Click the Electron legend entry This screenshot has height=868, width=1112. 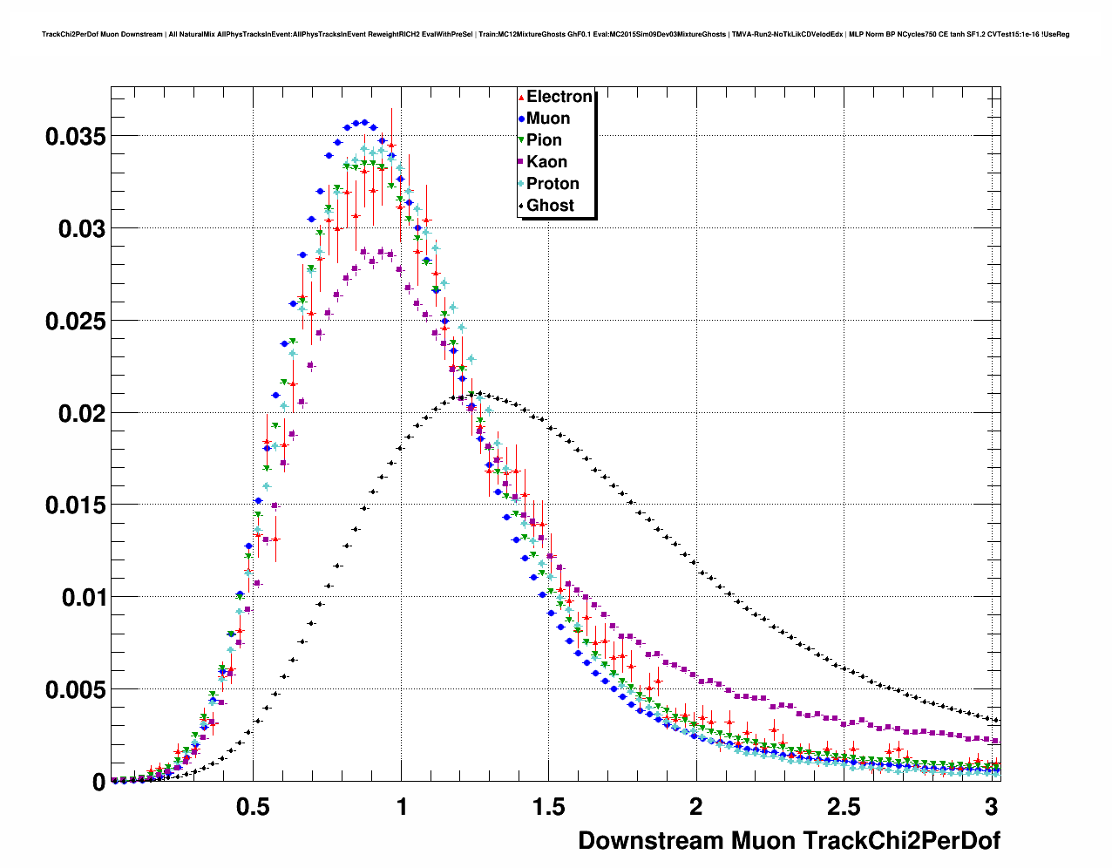tap(559, 97)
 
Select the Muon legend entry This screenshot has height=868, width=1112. tap(548, 119)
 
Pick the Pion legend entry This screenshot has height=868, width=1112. tap(544, 140)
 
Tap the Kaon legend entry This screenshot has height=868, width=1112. tap(546, 162)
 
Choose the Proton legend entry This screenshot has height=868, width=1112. tap(553, 184)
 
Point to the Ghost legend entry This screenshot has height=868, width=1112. tap(550, 206)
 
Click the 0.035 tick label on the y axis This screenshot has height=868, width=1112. tap(76, 136)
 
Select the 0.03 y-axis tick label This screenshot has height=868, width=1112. tap(82, 228)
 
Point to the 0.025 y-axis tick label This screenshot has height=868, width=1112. tap(76, 321)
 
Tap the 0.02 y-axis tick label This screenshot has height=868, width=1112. tap(82, 413)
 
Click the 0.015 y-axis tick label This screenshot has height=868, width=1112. tap(76, 505)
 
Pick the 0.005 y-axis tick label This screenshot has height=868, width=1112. tap(76, 690)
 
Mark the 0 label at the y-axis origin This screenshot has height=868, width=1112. tap(98, 783)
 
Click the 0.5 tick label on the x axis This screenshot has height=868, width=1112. tap(253, 807)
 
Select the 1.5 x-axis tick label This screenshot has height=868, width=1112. tap(549, 807)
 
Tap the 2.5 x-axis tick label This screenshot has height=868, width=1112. tap(844, 807)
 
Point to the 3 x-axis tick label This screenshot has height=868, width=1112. tap(992, 807)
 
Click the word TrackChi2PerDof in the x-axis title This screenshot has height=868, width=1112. tap(901, 841)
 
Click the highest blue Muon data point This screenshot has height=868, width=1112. tap(365, 122)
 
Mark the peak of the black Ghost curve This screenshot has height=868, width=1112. tap(479, 393)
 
